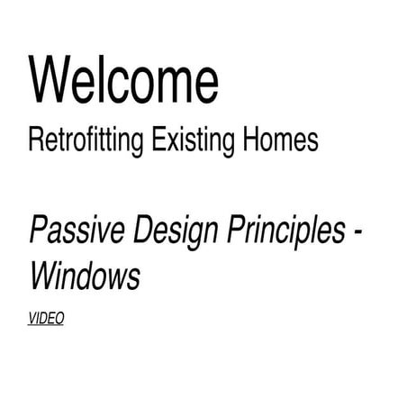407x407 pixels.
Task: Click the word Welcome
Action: pos(123,79)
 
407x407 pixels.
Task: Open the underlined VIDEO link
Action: pos(47,318)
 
